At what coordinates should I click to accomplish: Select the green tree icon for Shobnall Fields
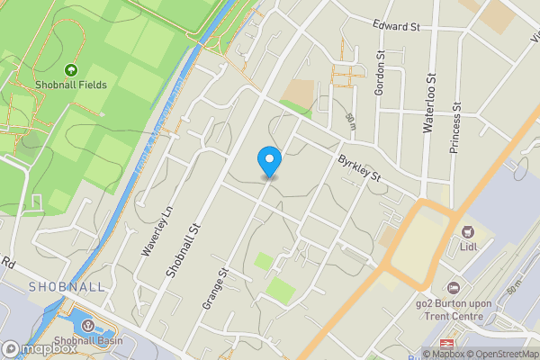tap(71, 68)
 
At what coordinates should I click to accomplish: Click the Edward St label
tap(397, 27)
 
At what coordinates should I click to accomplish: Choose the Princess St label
tap(455, 128)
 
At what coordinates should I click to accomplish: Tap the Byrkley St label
tap(360, 169)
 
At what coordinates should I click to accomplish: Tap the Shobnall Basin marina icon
tap(88, 325)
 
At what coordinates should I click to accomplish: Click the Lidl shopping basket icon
tap(468, 232)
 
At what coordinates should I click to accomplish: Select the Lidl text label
tap(468, 247)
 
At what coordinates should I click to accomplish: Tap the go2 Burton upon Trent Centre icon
tap(454, 288)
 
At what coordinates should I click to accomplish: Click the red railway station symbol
tap(445, 345)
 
